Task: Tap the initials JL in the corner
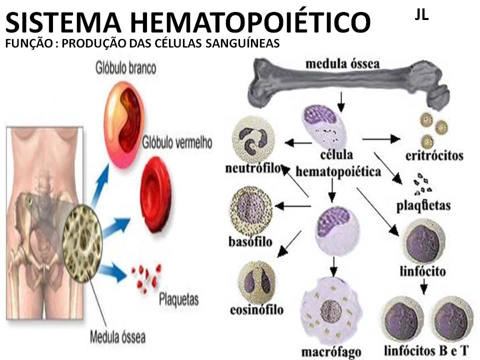pos(421,14)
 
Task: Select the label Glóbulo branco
pos(126,67)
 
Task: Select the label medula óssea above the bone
pos(342,64)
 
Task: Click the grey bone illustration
pos(350,82)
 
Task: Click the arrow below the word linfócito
pos(423,286)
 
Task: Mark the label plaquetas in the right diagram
pos(423,205)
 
